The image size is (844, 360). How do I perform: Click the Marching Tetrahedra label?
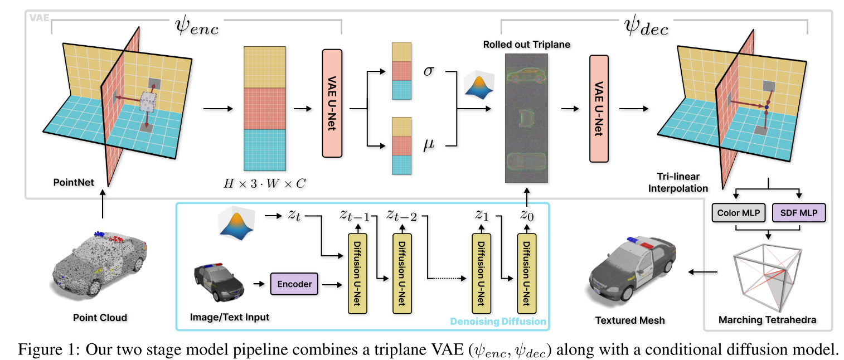pyautogui.click(x=768, y=319)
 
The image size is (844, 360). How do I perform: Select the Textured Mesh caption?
pyautogui.click(x=630, y=320)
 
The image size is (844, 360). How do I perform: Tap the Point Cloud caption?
pyautogui.click(x=100, y=318)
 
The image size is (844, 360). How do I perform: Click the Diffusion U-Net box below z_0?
pyautogui.click(x=525, y=274)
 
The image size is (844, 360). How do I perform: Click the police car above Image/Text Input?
pyautogui.click(x=219, y=283)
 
